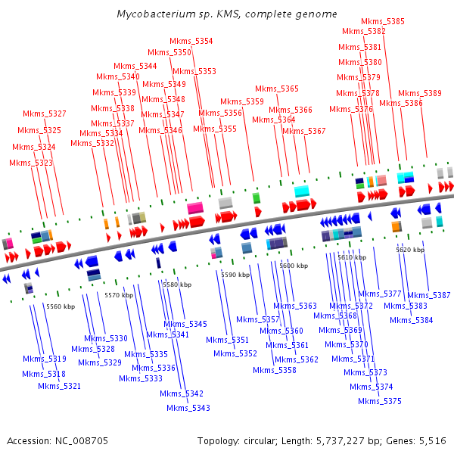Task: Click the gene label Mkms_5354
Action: click(191, 41)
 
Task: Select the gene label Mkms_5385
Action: click(382, 21)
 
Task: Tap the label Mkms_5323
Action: click(31, 163)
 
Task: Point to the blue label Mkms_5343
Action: click(188, 409)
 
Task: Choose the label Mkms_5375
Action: click(380, 402)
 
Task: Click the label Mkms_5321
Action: click(59, 387)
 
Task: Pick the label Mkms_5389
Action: click(420, 93)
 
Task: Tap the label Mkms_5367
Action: click(304, 131)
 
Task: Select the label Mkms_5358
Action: click(275, 371)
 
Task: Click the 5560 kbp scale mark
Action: click(61, 306)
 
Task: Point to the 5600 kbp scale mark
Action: click(294, 266)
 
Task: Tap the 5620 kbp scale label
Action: click(410, 249)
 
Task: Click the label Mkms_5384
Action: click(412, 320)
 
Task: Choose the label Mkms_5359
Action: click(242, 101)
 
